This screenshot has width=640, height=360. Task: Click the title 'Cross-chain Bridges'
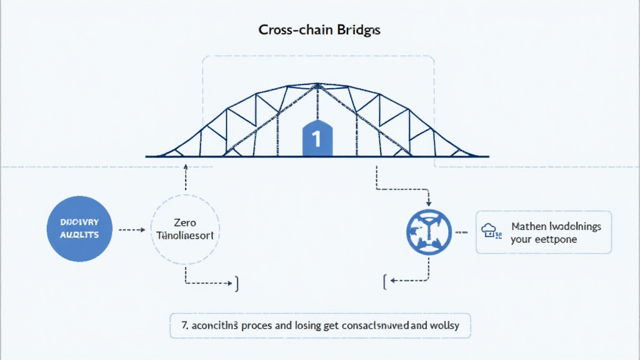point(319,30)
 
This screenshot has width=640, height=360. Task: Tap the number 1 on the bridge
point(316,139)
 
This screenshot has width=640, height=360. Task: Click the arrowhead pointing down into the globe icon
point(428,203)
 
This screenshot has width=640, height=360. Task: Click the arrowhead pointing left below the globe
point(387,281)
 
